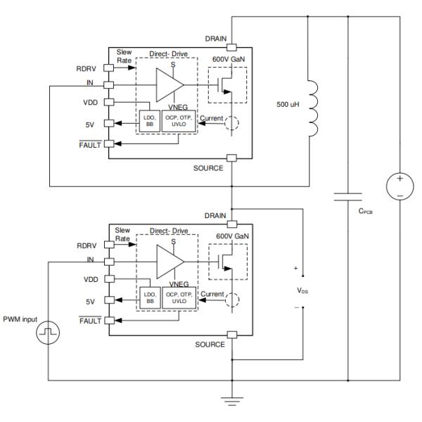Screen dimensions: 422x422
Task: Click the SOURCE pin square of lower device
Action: tap(229, 335)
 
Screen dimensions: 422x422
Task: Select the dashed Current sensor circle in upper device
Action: tap(229, 125)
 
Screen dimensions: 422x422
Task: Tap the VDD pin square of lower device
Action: tap(108, 279)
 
